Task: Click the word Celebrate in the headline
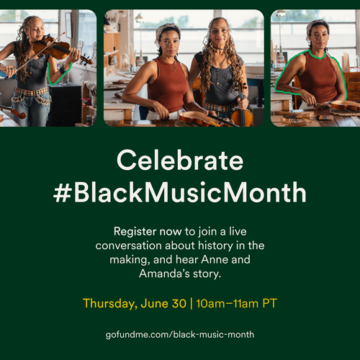(180, 160)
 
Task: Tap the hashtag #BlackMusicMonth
(180, 192)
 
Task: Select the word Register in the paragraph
(135, 232)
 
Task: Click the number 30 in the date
(179, 303)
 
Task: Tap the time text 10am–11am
(228, 303)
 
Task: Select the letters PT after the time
(270, 303)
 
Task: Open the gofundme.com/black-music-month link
(180, 335)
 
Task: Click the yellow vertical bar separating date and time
(192, 303)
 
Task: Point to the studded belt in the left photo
(31, 91)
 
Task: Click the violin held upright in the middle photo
(242, 108)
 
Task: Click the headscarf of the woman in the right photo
(317, 27)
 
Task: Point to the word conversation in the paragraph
(128, 246)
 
